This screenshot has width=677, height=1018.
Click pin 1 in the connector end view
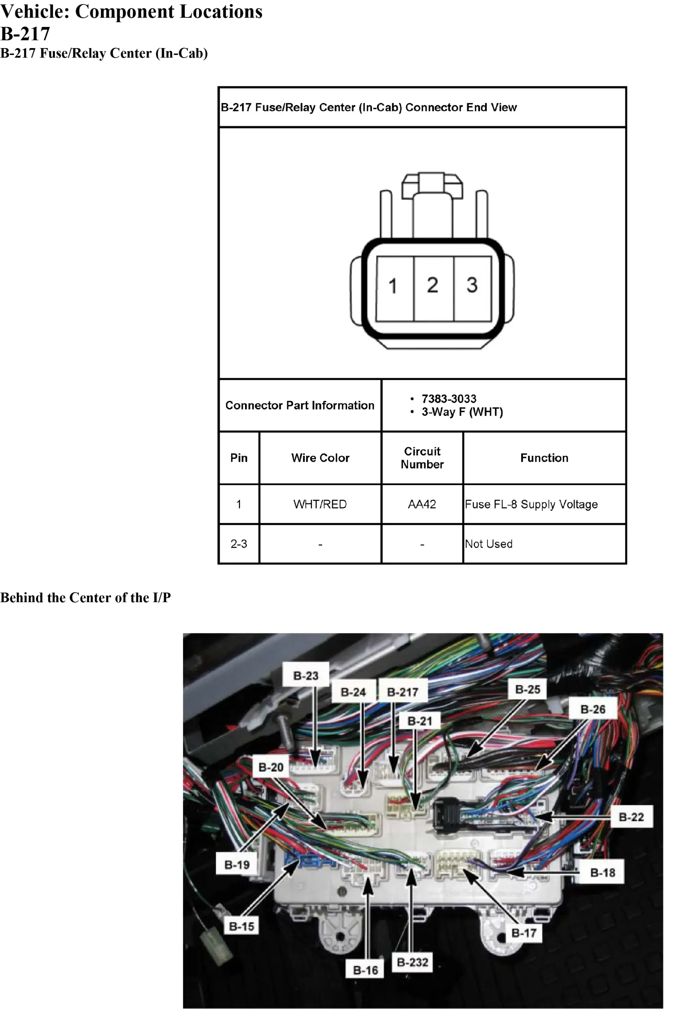(x=395, y=289)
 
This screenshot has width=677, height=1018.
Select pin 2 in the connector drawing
(x=433, y=289)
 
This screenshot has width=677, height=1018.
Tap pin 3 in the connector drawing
(x=472, y=289)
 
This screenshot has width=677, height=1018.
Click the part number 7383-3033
(x=449, y=398)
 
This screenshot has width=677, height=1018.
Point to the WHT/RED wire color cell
(x=320, y=504)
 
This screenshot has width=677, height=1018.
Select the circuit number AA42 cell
(x=422, y=504)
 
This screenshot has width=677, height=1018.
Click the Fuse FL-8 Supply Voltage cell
(x=544, y=504)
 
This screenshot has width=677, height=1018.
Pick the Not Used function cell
(x=544, y=544)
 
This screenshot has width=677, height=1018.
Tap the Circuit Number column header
(x=422, y=458)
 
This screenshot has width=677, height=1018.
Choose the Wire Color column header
(x=320, y=458)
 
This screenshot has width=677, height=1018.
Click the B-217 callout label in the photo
(x=403, y=692)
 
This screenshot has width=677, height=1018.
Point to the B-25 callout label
(x=528, y=689)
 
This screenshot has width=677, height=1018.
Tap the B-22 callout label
(x=631, y=817)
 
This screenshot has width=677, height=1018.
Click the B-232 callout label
(x=412, y=962)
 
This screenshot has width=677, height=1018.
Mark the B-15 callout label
(x=241, y=926)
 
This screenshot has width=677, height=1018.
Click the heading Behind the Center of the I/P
(x=85, y=597)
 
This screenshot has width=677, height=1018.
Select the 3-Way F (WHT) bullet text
(x=462, y=412)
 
